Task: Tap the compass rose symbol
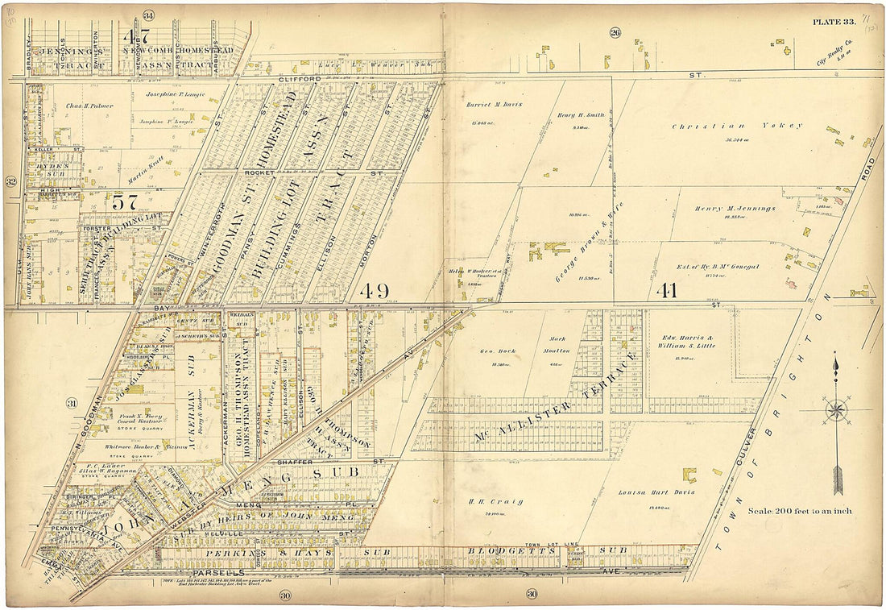pos(836,411)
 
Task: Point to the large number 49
pos(376,290)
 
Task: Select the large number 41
pos(668,290)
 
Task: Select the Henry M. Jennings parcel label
pos(735,208)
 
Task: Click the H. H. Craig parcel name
pos(484,501)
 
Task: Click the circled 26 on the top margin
pos(615,32)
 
